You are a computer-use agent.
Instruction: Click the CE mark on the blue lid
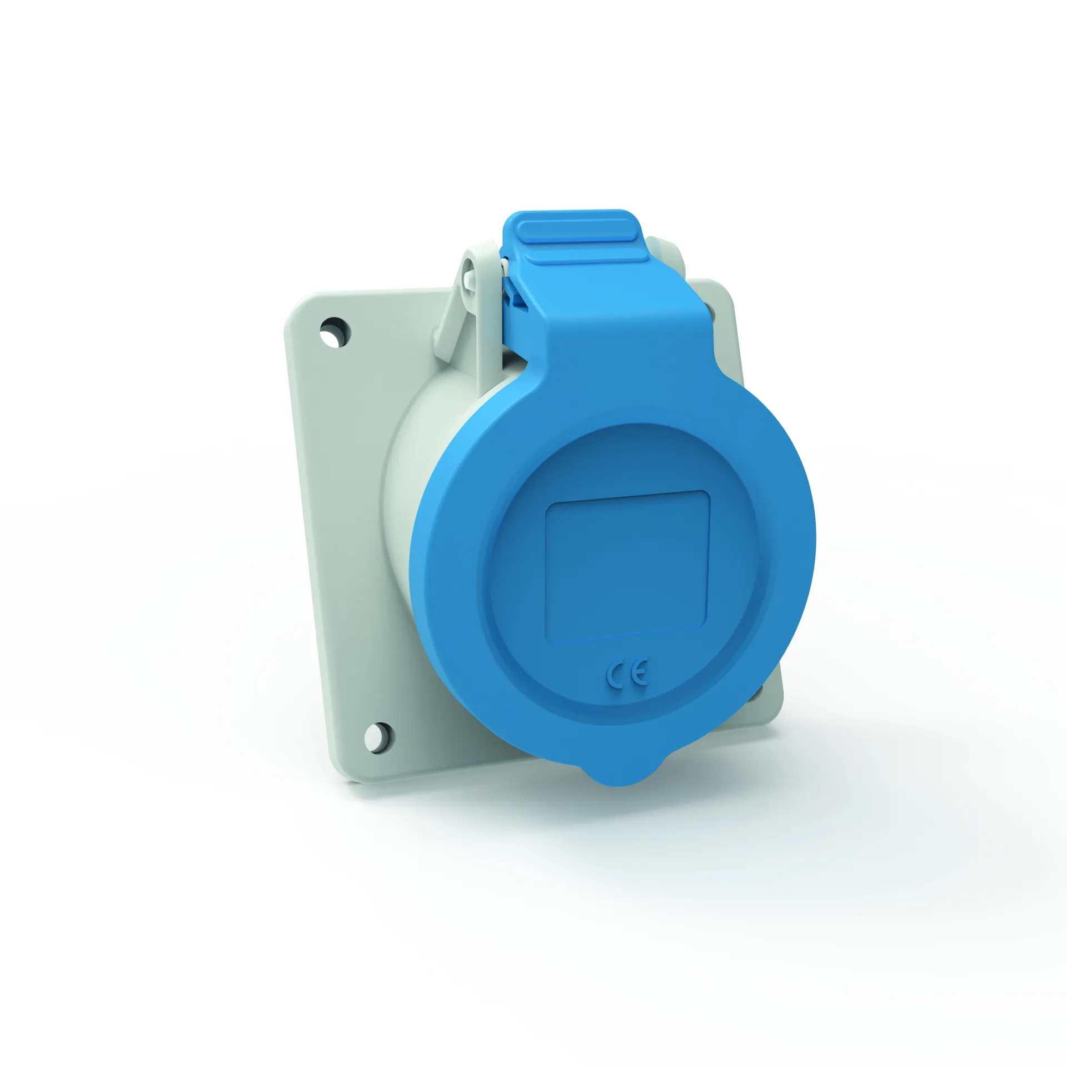pyautogui.click(x=627, y=676)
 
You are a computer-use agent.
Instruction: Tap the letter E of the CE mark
pyautogui.click(x=639, y=674)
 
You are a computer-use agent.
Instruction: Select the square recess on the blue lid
pyautogui.click(x=627, y=567)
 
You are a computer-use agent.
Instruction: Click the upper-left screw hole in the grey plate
pyautogui.click(x=335, y=332)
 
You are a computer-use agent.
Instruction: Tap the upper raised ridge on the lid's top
pyautogui.click(x=581, y=230)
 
